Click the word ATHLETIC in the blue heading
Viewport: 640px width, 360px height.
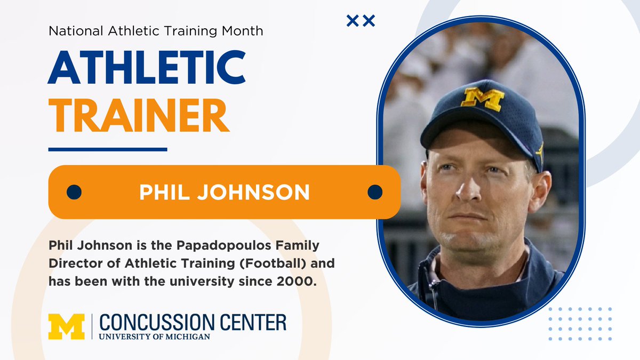pos(147,68)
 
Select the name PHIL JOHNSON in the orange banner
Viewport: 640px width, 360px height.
pos(225,193)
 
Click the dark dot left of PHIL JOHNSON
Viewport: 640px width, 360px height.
pos(74,192)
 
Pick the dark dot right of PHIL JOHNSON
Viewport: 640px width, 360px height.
pos(375,192)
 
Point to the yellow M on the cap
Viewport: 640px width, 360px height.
pos(483,99)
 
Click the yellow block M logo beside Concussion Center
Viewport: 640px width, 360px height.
pos(66,326)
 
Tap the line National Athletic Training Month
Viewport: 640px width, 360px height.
pos(156,31)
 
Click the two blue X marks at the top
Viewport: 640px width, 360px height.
pos(361,21)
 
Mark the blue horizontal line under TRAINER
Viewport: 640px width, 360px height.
pos(108,149)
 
